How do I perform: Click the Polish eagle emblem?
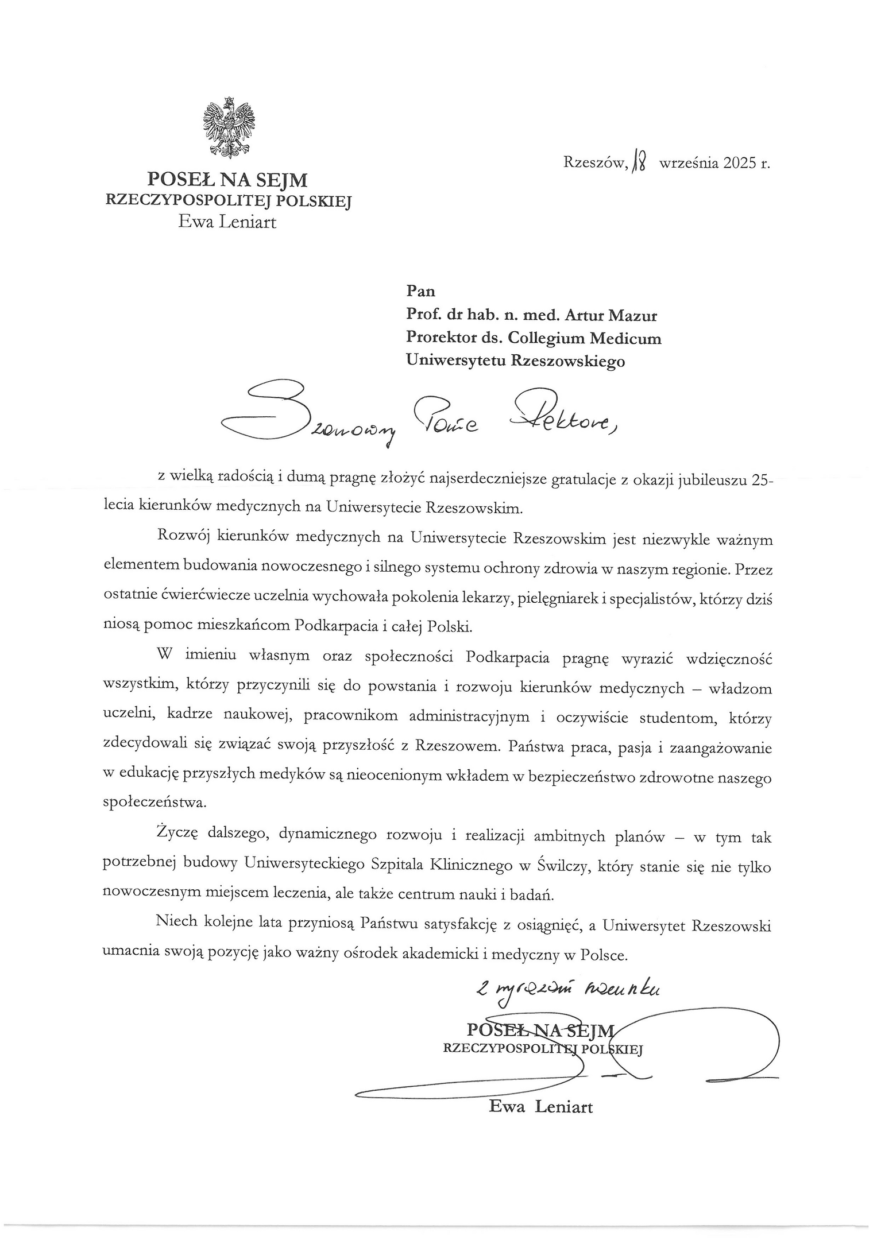tap(229, 127)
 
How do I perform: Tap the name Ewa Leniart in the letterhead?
tap(227, 222)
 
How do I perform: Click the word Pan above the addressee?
tap(420, 291)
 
